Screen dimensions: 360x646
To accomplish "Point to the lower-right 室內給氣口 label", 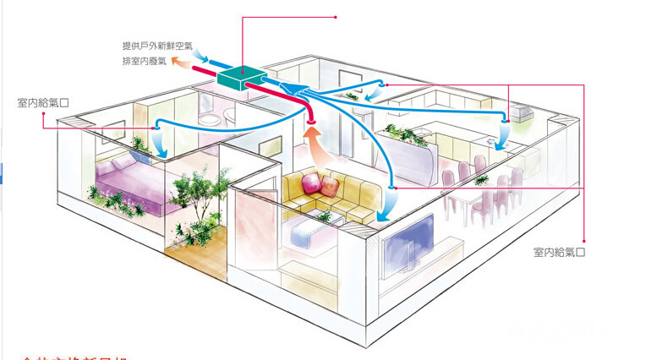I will pos(560,252).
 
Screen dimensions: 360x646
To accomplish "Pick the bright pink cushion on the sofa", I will pos(310,182).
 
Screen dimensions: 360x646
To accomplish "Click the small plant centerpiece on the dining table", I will pos(479,179).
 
